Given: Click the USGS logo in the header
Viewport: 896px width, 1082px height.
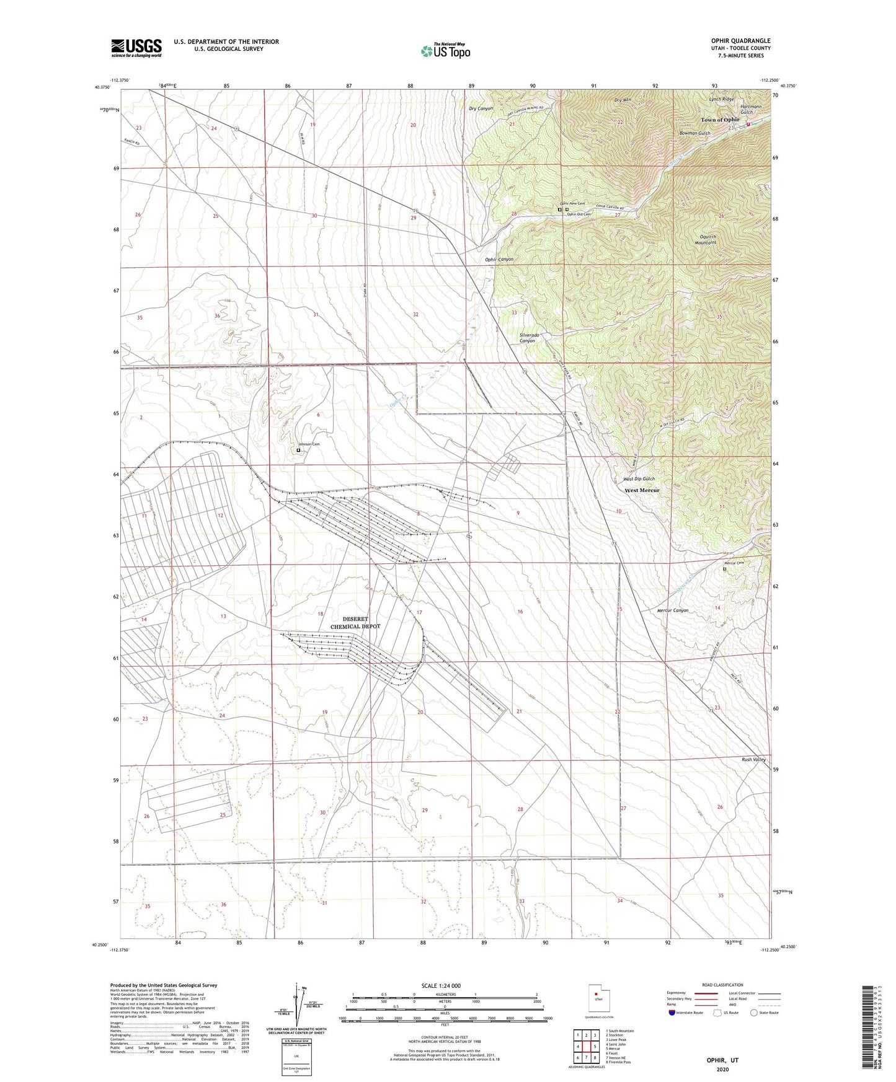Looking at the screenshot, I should pyautogui.click(x=136, y=48).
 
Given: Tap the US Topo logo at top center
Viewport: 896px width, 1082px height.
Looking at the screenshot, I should pyautogui.click(x=445, y=51).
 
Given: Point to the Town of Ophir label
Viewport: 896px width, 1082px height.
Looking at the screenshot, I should pyautogui.click(x=720, y=120).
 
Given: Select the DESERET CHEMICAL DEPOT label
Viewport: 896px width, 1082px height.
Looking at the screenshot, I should pyautogui.click(x=355, y=623).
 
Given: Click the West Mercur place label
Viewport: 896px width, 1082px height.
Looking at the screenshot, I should pyautogui.click(x=642, y=490).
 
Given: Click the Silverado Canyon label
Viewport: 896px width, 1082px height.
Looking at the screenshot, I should pyautogui.click(x=528, y=338).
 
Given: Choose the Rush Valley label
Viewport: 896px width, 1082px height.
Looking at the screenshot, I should pyautogui.click(x=753, y=759).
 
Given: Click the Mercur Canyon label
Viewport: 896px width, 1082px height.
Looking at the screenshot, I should pyautogui.click(x=673, y=610).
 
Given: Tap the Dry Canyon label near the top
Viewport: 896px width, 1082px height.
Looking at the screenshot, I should pyautogui.click(x=481, y=108).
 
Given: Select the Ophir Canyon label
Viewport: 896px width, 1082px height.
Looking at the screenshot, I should pyautogui.click(x=499, y=259).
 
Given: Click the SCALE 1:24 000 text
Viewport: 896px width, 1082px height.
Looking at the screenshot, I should pyautogui.click(x=440, y=986).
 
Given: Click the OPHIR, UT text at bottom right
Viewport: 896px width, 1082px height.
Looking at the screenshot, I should pyautogui.click(x=722, y=1060).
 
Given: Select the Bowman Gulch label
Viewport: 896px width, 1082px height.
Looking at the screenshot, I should pyautogui.click(x=694, y=133).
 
